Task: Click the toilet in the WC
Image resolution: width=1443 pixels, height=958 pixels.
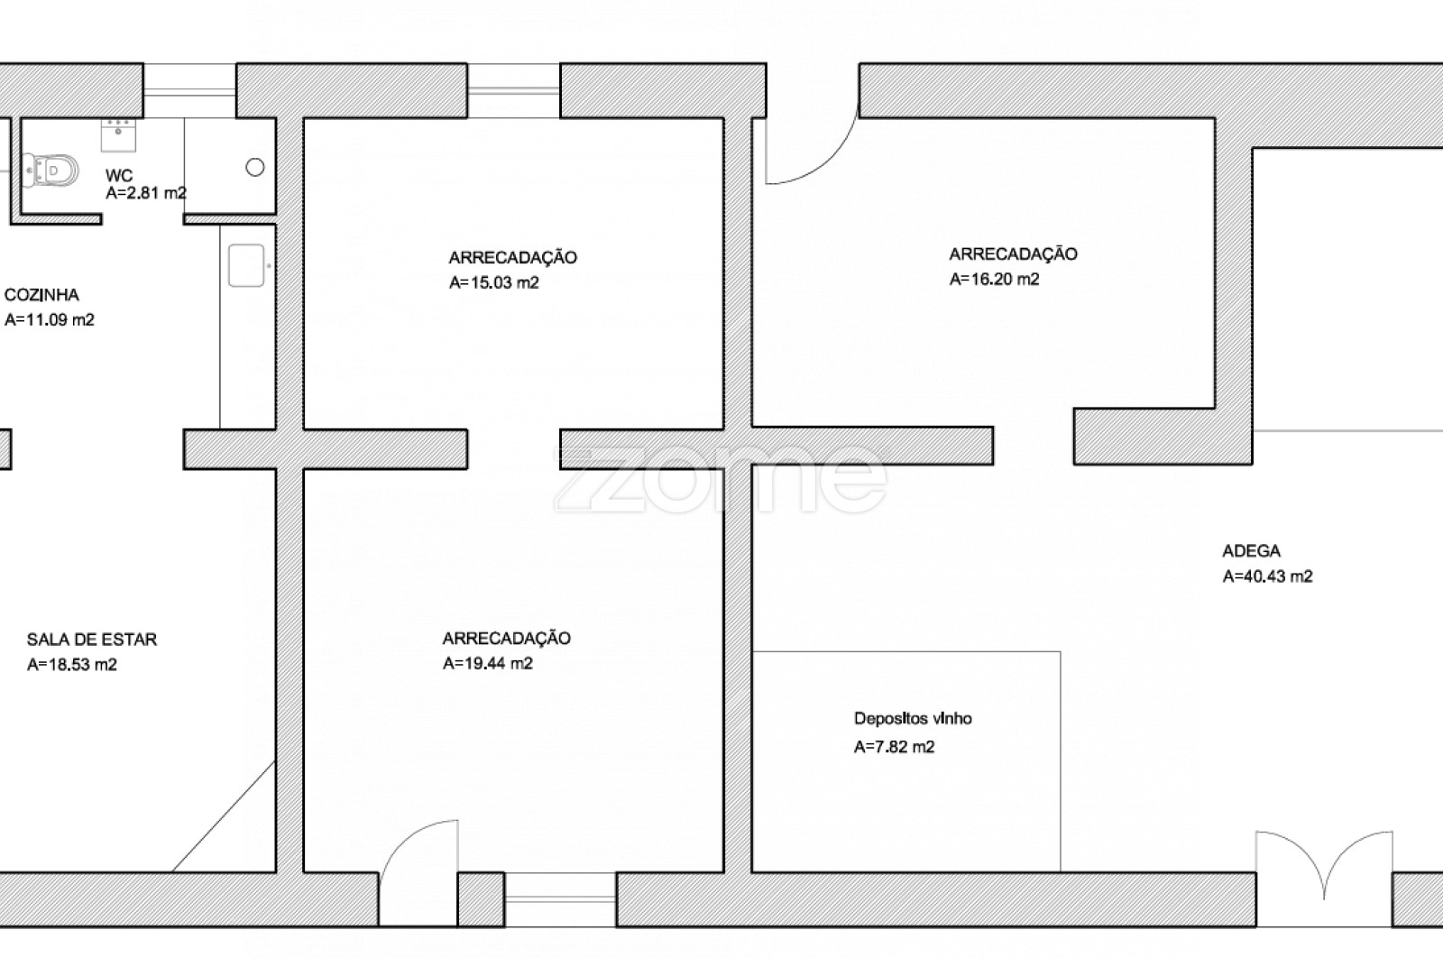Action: pos(51,170)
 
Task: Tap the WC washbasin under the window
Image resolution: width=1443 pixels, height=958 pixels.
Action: pos(118,134)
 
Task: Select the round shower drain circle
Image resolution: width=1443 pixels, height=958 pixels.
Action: pos(255,168)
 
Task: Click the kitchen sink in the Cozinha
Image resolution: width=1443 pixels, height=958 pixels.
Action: pos(246,265)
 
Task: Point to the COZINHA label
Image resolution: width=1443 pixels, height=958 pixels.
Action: pos(41,295)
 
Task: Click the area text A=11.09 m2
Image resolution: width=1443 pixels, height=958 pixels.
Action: pos(50,320)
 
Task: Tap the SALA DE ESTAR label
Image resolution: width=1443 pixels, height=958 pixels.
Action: pos(92,640)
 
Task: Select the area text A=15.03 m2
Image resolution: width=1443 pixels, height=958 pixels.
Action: pos(494,283)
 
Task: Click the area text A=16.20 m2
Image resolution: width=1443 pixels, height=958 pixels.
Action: pos(995,279)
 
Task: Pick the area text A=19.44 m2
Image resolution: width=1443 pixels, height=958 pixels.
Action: pos(488,664)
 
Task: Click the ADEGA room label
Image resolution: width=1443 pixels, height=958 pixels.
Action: pos(1252,551)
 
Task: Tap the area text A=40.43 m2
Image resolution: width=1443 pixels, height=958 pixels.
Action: pos(1268,576)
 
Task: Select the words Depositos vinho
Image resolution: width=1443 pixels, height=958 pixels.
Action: pos(913,718)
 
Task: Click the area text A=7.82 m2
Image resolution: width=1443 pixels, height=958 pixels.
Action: pos(894,747)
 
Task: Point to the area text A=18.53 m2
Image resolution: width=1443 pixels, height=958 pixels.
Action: pos(72,665)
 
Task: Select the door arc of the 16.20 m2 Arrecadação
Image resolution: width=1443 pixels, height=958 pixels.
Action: pos(831,161)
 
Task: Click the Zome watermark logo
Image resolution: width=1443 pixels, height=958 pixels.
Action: pos(721,479)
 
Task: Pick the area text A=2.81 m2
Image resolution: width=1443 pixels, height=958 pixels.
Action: pos(146,193)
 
